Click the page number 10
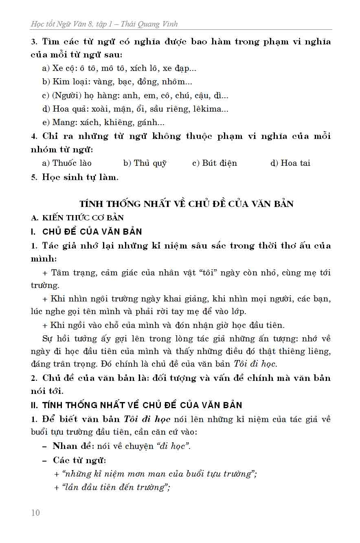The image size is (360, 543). pos(36,512)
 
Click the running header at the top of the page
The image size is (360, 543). pos(104,24)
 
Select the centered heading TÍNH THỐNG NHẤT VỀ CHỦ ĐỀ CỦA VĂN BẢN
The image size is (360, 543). pos(187,204)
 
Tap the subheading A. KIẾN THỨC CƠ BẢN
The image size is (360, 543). pos(77,218)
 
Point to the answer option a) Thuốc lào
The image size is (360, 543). pos(67,163)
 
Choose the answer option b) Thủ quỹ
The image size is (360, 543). pos(145,163)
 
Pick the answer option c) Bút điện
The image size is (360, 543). pos(215,163)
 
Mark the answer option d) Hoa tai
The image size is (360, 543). pos(290,163)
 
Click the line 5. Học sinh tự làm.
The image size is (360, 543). pos(75,177)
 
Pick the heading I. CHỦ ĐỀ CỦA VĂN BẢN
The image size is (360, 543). pos(86,231)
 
